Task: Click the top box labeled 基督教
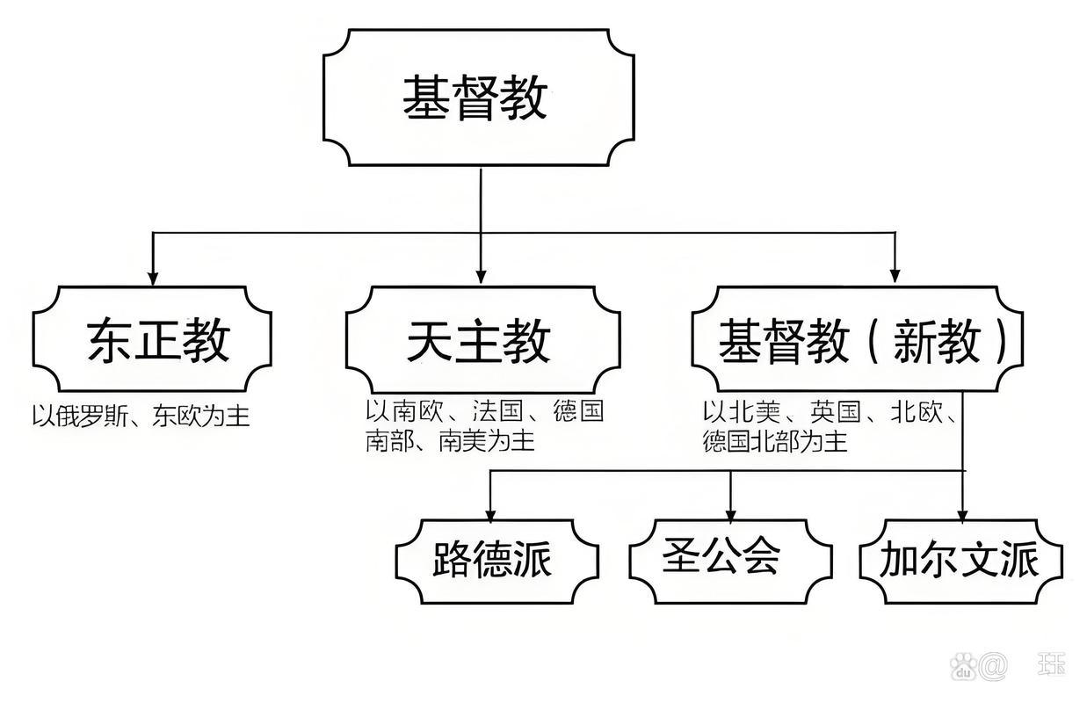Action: coord(479,97)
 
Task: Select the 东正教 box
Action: coord(152,339)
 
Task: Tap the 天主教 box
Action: coord(481,339)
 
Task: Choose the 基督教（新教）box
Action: coord(857,339)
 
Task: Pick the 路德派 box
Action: coord(496,559)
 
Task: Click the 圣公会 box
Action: coord(730,559)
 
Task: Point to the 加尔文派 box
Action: coord(960,559)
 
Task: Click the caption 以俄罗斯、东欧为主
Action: coord(141,414)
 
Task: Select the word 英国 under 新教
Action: coord(835,411)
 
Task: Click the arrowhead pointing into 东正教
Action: coord(153,277)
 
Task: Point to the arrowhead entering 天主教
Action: coord(480,277)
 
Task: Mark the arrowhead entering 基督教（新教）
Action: coord(895,277)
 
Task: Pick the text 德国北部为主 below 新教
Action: coord(775,441)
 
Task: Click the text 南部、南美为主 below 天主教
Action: coord(450,440)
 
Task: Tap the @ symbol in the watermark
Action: coord(995,665)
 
